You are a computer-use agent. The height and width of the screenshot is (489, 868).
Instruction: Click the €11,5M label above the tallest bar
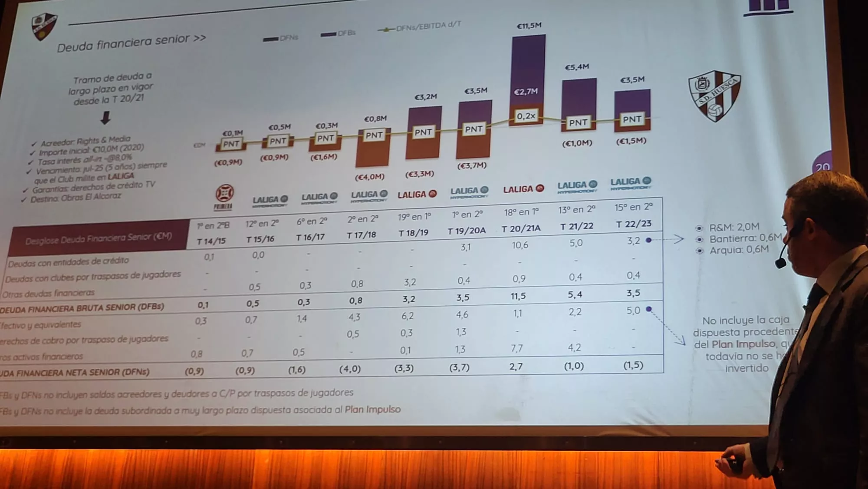pos(529,26)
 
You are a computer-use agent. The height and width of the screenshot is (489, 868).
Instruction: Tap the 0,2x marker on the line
pos(526,116)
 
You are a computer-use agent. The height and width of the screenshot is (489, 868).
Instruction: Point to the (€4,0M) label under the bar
pos(370,177)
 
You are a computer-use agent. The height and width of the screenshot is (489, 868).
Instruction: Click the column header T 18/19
pos(413,233)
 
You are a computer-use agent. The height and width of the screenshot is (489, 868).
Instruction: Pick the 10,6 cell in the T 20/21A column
pos(519,245)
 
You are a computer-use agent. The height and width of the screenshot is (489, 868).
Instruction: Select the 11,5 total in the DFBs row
pos(518,296)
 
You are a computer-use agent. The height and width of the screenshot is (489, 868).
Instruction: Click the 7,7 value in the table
pos(516,348)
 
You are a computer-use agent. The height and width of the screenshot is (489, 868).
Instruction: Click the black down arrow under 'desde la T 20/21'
pos(105,118)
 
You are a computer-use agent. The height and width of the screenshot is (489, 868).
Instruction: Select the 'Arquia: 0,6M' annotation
pos(739,250)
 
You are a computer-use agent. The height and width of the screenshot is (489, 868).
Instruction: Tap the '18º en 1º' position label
pos(521,212)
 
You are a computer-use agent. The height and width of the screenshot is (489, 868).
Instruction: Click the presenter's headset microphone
pos(780,263)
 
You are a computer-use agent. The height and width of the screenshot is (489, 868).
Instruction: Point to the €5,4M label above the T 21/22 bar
pos(577,67)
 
